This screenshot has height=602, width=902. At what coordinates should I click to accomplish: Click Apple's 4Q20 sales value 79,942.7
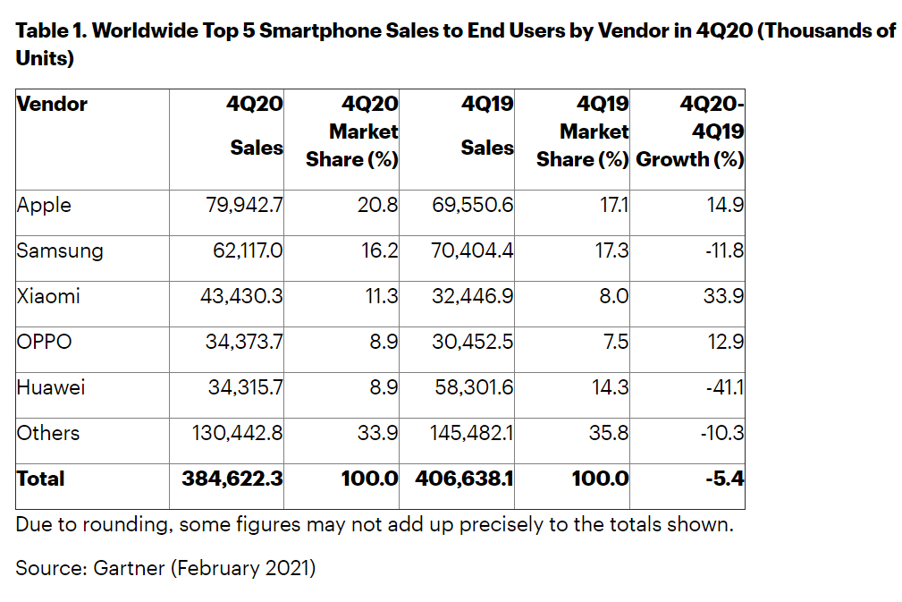(244, 206)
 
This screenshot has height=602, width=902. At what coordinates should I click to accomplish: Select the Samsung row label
(60, 251)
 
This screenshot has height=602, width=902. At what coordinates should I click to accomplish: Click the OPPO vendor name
(44, 343)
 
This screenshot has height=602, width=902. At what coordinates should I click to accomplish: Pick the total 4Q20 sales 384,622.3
(232, 479)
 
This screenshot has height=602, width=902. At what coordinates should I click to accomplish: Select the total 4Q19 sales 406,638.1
(464, 479)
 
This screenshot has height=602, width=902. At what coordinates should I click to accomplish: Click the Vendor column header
(52, 105)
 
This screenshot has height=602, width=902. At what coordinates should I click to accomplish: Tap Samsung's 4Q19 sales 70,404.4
(474, 251)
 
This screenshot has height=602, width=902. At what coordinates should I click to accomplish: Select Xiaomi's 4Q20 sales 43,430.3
(241, 297)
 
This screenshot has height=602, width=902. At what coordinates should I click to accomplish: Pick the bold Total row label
(40, 479)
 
